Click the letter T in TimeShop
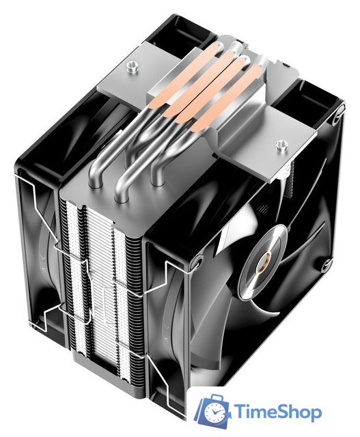[243, 412]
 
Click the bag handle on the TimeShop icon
[214, 398]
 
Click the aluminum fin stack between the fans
[102, 273]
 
